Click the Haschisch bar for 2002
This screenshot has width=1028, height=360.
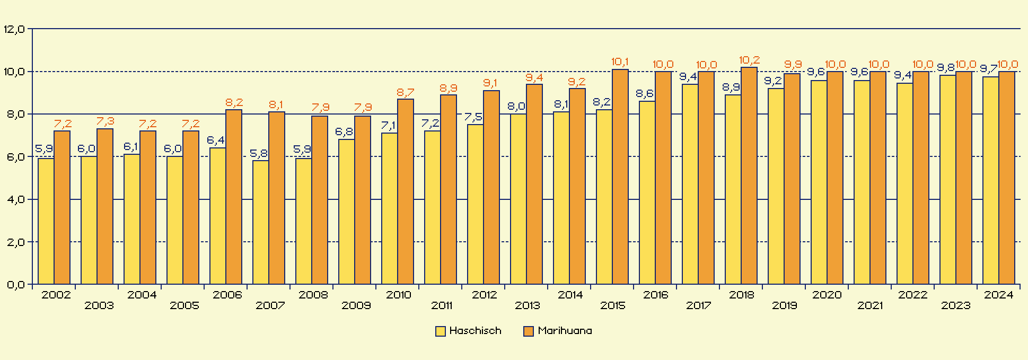coord(46,221)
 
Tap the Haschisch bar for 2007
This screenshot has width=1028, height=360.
coord(261,222)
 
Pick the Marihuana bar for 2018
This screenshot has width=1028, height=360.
coord(749,175)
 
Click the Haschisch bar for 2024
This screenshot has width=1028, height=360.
coord(990,180)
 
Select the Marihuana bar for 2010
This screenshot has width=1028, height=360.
coord(406,191)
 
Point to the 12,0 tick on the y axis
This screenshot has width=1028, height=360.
coord(14,29)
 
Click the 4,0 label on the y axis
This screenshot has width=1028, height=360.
coord(14,200)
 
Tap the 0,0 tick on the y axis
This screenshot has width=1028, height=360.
coord(14,285)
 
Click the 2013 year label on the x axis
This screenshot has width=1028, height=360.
coord(527,305)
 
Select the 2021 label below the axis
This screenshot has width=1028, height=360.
coord(870,305)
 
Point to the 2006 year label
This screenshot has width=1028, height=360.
coord(227,295)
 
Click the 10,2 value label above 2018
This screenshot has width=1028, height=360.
coord(749,60)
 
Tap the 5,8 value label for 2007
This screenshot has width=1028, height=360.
coord(259,154)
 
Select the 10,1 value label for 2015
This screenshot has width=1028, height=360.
coord(620,62)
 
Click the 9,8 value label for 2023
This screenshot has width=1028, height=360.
coord(946,68)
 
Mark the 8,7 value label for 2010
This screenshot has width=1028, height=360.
coord(406,93)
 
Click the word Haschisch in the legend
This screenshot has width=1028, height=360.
coord(475,331)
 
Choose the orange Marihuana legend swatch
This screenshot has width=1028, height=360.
coord(528,331)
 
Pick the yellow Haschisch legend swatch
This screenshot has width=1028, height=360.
coord(440,331)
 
